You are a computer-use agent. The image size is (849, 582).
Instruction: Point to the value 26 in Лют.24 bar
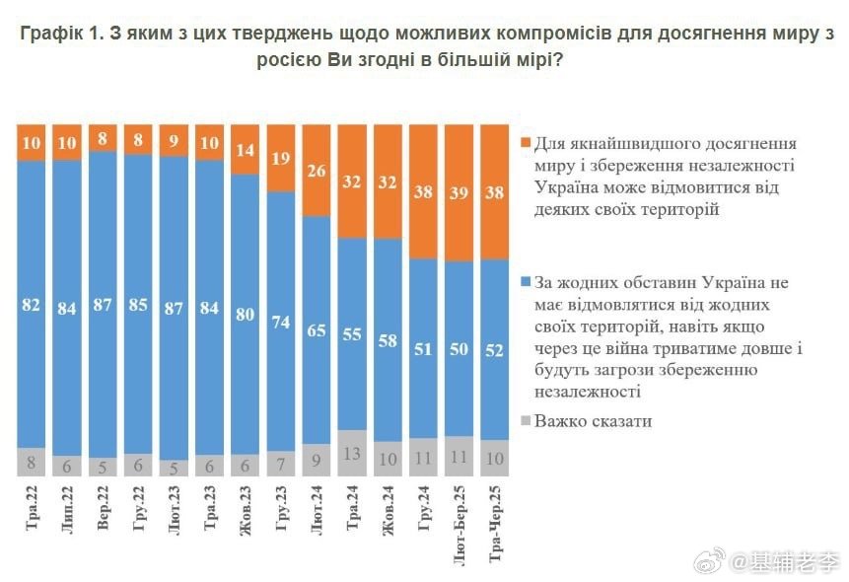318,171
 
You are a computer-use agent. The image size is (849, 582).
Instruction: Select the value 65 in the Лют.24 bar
318,331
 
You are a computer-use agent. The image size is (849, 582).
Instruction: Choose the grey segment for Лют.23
176,468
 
